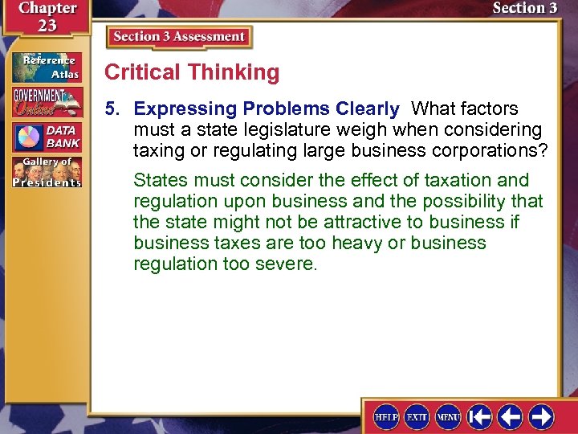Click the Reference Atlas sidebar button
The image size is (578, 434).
(46, 68)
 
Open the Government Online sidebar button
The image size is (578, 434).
(46, 102)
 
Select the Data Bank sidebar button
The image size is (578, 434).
(46, 137)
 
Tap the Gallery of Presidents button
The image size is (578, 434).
(46, 173)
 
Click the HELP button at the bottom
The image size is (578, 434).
(386, 416)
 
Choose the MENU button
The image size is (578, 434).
(448, 416)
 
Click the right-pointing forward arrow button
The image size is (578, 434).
(540, 416)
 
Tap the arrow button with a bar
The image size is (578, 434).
(480, 416)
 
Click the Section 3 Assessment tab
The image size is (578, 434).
(179, 37)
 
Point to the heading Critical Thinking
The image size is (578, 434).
(192, 72)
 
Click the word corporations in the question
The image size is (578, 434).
(476, 150)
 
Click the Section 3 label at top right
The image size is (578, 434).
(524, 9)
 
